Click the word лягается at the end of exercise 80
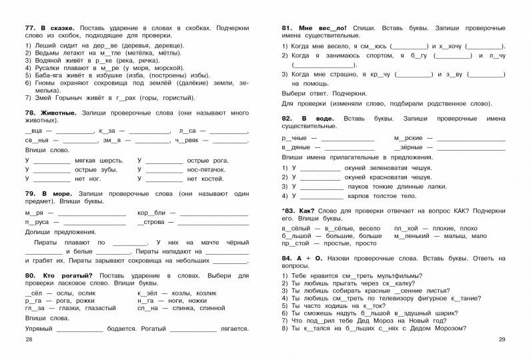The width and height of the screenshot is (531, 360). tap(235, 329)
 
